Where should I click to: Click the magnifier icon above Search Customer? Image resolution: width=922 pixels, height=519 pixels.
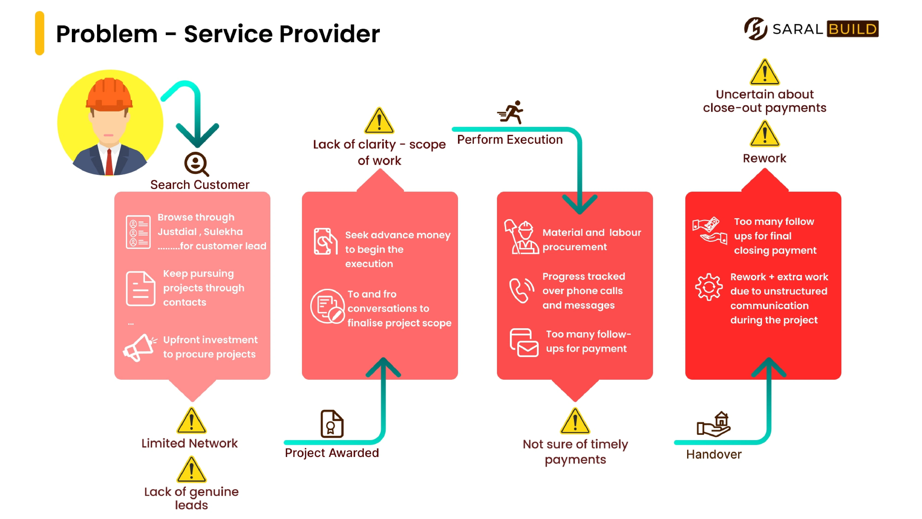click(196, 164)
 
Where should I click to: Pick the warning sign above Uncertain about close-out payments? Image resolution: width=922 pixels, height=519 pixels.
click(765, 72)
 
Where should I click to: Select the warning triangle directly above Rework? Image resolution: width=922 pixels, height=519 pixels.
click(765, 134)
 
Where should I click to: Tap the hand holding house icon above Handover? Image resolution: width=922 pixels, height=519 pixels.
click(714, 424)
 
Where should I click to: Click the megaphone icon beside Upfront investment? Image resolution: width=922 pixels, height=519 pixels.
click(139, 347)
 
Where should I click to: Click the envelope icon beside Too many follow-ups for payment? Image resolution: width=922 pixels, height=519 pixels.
click(524, 343)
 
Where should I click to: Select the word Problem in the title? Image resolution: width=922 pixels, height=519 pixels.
click(107, 34)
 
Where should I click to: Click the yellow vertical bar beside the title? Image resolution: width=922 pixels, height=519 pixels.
click(39, 33)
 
